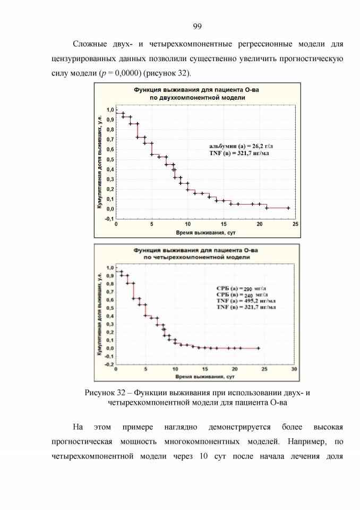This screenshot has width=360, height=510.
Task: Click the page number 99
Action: (197, 27)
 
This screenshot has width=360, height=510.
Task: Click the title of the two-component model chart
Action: (197, 93)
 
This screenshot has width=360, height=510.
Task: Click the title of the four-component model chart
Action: (196, 254)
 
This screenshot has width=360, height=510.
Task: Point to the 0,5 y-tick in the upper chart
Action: (110, 159)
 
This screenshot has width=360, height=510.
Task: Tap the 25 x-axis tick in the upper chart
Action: (295, 224)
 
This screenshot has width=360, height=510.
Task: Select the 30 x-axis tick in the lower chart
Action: (294, 369)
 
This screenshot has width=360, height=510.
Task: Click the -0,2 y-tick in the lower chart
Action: (109, 364)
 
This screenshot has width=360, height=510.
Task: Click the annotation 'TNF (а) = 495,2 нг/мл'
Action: (246, 301)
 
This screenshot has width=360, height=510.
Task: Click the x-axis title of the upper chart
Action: (205, 233)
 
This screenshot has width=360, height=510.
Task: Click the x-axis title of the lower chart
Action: (205, 377)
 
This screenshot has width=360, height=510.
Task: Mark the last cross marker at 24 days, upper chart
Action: (288, 208)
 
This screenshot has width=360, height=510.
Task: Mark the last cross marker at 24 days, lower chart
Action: (259, 348)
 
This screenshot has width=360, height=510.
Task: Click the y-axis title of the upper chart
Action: (100, 162)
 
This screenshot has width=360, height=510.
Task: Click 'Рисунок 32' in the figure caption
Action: (105, 393)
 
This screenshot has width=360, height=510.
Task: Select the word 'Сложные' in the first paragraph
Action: (90, 44)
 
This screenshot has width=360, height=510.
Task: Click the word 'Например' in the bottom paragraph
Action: (307, 441)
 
